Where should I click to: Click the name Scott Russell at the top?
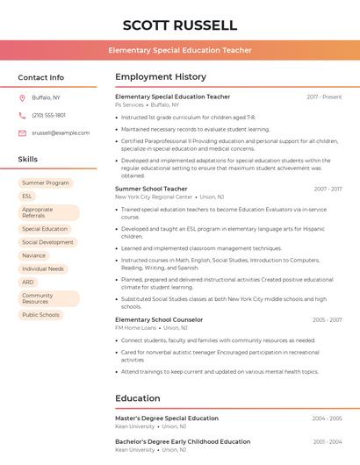[180, 25]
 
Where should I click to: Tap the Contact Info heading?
[40, 77]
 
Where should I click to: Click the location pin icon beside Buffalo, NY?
[22, 97]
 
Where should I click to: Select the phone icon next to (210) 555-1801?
[22, 115]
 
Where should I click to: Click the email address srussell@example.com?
[61, 133]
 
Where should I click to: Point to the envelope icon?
[22, 133]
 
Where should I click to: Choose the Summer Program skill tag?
[46, 183]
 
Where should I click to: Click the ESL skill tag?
[27, 197]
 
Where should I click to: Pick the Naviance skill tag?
[35, 255]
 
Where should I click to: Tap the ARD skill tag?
[28, 283]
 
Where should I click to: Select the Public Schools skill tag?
[40, 315]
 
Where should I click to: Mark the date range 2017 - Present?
[324, 97]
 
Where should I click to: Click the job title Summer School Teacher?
[151, 189]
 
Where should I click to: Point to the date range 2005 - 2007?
[327, 320]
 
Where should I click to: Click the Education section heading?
[138, 398]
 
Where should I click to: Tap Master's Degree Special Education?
[167, 418]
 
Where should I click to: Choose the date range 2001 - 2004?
[327, 442]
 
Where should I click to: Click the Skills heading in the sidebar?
[28, 160]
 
